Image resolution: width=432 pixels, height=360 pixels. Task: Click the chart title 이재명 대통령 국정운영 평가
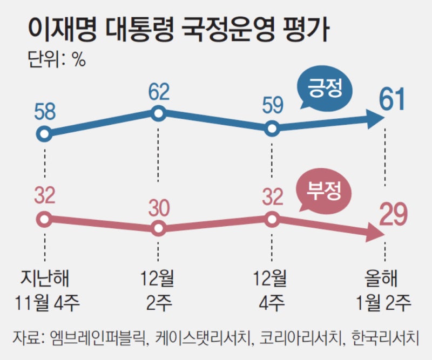tap(178, 31)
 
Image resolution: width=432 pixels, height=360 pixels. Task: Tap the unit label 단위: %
tap(56, 59)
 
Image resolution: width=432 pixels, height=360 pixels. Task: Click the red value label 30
tap(158, 207)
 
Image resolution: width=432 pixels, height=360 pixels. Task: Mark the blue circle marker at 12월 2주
tap(158, 113)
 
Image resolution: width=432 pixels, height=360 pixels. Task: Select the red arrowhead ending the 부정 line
tap(374, 233)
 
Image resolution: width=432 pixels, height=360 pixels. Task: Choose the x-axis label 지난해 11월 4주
tap(45, 290)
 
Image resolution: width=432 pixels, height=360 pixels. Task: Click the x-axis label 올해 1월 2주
tap(384, 290)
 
